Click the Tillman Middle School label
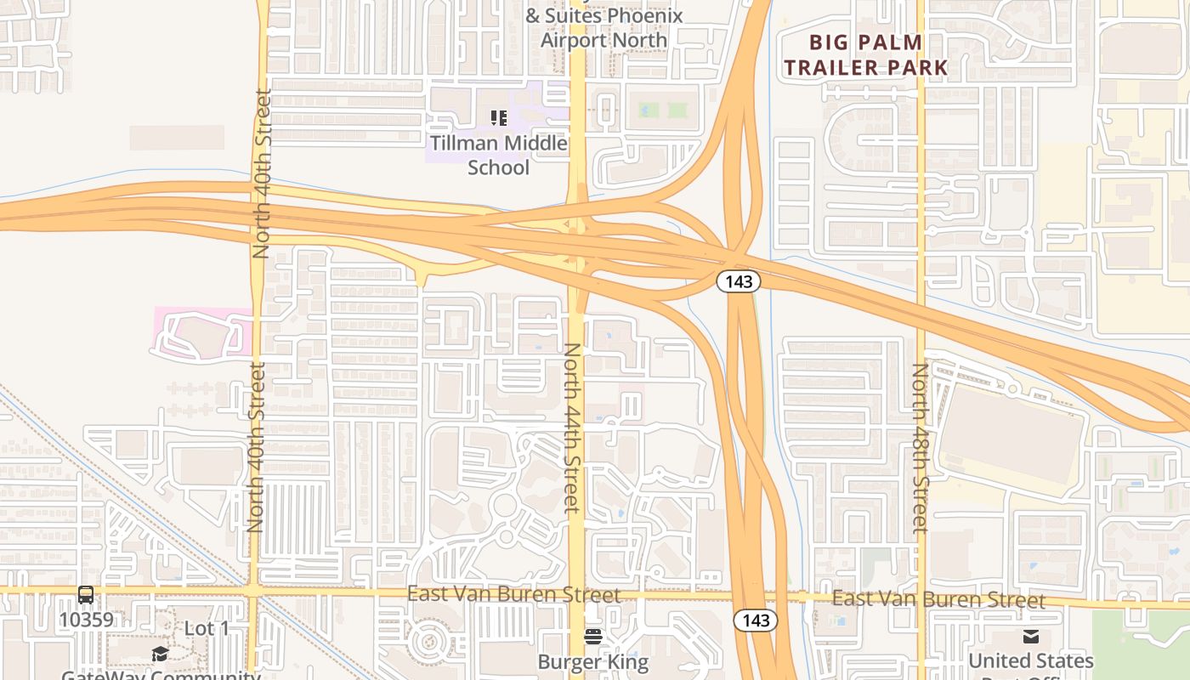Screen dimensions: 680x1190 (498, 155)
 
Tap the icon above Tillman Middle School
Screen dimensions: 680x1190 (498, 118)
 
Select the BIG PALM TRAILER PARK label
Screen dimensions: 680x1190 (865, 54)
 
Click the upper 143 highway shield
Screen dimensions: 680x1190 (738, 281)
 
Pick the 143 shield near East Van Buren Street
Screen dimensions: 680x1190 (756, 620)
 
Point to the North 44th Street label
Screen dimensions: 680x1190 (572, 428)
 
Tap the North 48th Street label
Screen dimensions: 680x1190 (920, 448)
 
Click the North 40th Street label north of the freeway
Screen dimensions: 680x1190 (262, 173)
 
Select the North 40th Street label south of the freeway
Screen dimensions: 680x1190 (257, 447)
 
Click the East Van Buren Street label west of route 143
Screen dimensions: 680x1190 (513, 593)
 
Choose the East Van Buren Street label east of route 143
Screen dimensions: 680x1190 (938, 599)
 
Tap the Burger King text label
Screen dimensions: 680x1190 (592, 661)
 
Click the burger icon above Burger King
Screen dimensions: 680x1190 (592, 637)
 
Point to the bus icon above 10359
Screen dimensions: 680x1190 (86, 595)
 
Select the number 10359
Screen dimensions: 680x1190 (85, 620)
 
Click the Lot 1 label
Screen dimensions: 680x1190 (207, 628)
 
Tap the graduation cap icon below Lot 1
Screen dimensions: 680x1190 (160, 653)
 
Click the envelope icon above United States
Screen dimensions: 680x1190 (1031, 637)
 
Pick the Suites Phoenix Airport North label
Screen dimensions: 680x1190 (603, 27)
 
